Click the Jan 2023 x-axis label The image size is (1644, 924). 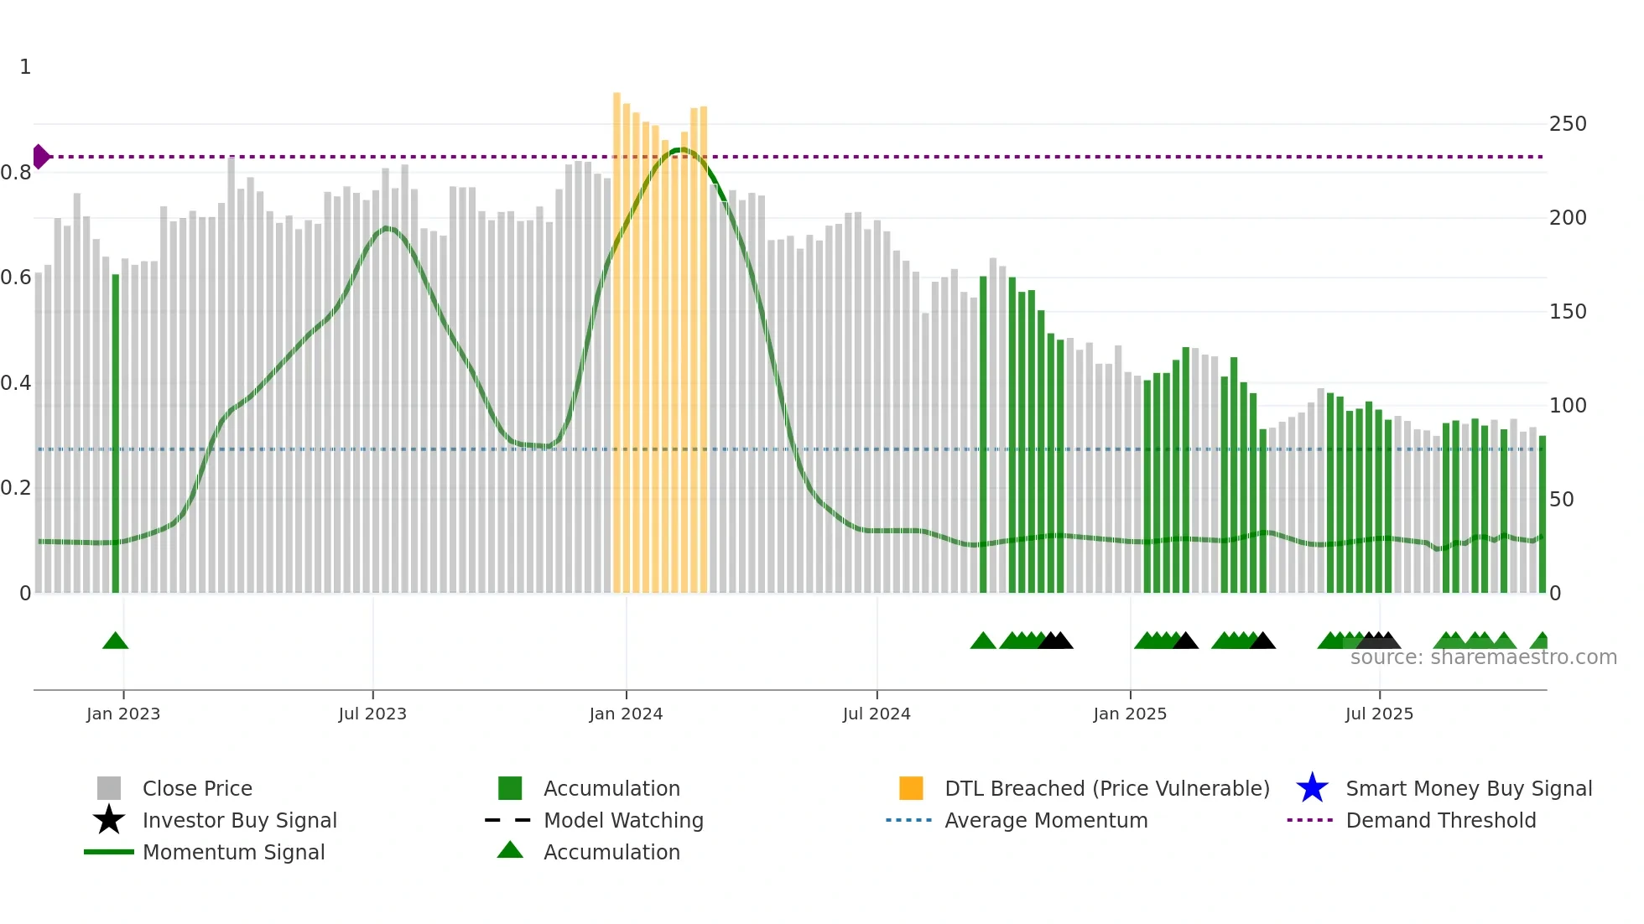[x=123, y=714]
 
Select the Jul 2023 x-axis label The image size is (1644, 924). [x=372, y=714]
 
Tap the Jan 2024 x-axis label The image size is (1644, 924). [x=626, y=714]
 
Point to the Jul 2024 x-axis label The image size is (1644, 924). [x=877, y=714]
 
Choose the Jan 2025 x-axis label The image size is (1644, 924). [x=1130, y=714]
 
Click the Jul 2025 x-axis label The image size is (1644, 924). [x=1379, y=714]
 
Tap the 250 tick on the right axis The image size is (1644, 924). [x=1568, y=124]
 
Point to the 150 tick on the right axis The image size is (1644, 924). [x=1568, y=312]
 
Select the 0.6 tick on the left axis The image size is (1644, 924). [x=16, y=278]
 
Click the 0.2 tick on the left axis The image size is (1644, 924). [x=16, y=488]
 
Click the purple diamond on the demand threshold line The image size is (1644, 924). [x=40, y=157]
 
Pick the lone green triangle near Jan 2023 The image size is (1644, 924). [x=116, y=641]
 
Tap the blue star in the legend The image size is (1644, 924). [x=1312, y=788]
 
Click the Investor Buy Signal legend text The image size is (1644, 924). [x=240, y=820]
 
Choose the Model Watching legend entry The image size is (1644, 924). [x=623, y=820]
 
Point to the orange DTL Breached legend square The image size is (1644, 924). [x=911, y=788]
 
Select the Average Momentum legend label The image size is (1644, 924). [x=1046, y=820]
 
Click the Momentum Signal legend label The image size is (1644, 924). [x=233, y=852]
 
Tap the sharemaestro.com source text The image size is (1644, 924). [x=1483, y=657]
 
